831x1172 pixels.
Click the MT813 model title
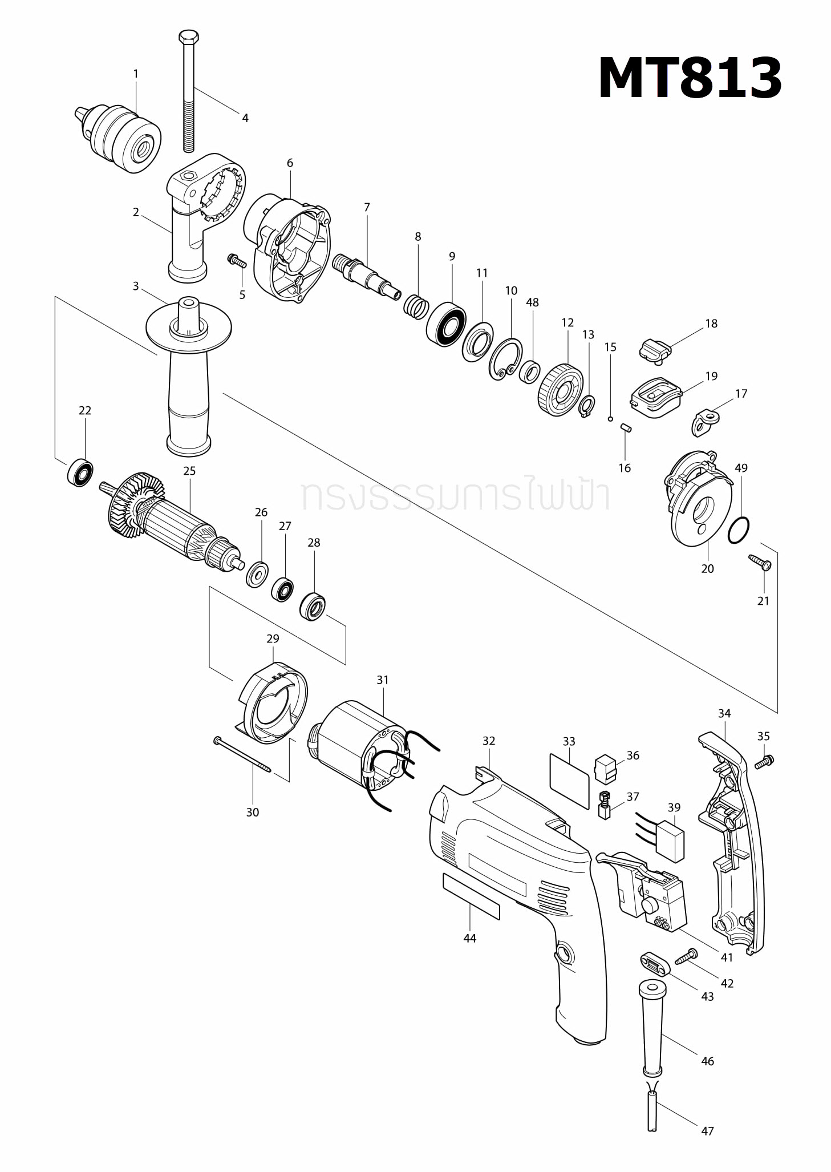pyautogui.click(x=689, y=78)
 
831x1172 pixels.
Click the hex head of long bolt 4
pyautogui.click(x=189, y=37)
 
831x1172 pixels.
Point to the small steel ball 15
pyautogui.click(x=610, y=419)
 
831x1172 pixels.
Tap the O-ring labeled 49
pyautogui.click(x=739, y=531)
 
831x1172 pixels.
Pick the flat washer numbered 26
pyautogui.click(x=257, y=574)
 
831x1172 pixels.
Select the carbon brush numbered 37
pyautogui.click(x=604, y=806)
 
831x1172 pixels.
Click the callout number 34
pyautogui.click(x=724, y=713)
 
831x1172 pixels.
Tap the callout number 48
pyautogui.click(x=532, y=302)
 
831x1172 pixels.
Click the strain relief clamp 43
pyautogui.click(x=652, y=966)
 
